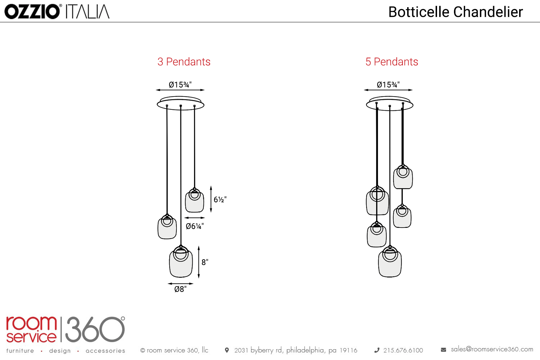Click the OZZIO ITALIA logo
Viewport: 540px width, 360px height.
point(57,12)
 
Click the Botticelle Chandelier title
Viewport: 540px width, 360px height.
point(455,12)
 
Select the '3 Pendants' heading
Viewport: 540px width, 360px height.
point(184,62)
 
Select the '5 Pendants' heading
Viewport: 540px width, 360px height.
point(392,62)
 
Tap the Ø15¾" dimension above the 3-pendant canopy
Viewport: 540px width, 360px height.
point(180,85)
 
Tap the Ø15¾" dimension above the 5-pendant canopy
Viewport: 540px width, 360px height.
point(388,85)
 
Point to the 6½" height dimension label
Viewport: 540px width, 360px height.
point(220,199)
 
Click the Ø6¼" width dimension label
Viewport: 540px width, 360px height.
point(195,226)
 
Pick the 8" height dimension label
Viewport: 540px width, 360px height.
point(205,262)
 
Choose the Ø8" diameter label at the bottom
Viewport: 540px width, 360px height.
point(180,289)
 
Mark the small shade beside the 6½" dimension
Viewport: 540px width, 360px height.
point(194,202)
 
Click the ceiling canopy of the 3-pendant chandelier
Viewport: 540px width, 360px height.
point(180,104)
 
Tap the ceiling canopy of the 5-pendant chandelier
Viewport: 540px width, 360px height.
point(390,104)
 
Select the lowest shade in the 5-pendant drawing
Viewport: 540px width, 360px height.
point(390,264)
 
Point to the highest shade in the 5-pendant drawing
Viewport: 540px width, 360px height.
point(403,178)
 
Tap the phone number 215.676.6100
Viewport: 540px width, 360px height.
point(403,350)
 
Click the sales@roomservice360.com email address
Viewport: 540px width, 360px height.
point(492,349)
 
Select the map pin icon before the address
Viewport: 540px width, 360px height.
point(227,350)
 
